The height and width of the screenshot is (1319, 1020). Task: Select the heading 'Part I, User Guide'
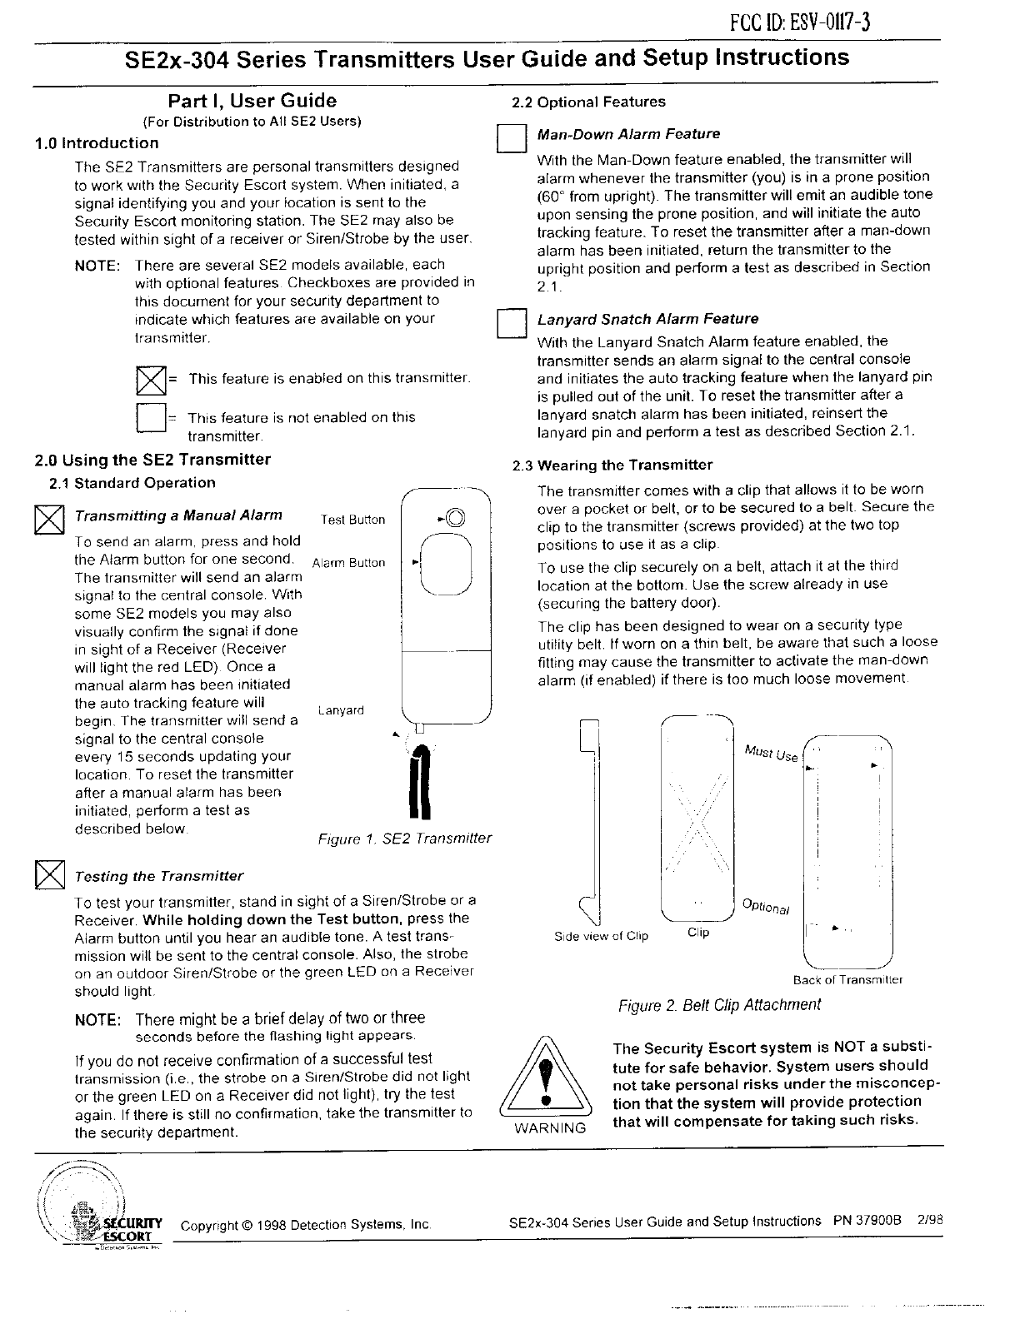pyautogui.click(x=252, y=102)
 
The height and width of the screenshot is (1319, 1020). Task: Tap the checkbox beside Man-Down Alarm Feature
pyautogui.click(x=509, y=138)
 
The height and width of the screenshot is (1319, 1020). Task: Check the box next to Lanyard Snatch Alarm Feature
pyautogui.click(x=508, y=323)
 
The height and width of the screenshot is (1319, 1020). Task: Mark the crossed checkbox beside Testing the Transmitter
pyautogui.click(x=49, y=875)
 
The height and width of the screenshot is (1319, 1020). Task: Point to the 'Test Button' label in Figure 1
pyautogui.click(x=352, y=520)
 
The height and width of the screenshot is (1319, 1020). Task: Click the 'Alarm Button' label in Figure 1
pyautogui.click(x=348, y=563)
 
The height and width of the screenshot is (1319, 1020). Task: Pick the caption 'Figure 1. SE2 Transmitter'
pyautogui.click(x=405, y=839)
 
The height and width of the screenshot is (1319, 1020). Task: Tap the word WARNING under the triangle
pyautogui.click(x=549, y=1129)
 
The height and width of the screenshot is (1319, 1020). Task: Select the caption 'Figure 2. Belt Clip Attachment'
pyautogui.click(x=718, y=1004)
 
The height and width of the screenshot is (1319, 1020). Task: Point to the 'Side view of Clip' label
pyautogui.click(x=601, y=936)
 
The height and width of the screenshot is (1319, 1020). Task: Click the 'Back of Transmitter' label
pyautogui.click(x=847, y=980)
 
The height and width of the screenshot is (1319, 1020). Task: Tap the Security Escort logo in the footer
pyautogui.click(x=100, y=1206)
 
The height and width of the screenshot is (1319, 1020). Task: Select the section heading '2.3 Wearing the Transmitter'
pyautogui.click(x=612, y=465)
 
